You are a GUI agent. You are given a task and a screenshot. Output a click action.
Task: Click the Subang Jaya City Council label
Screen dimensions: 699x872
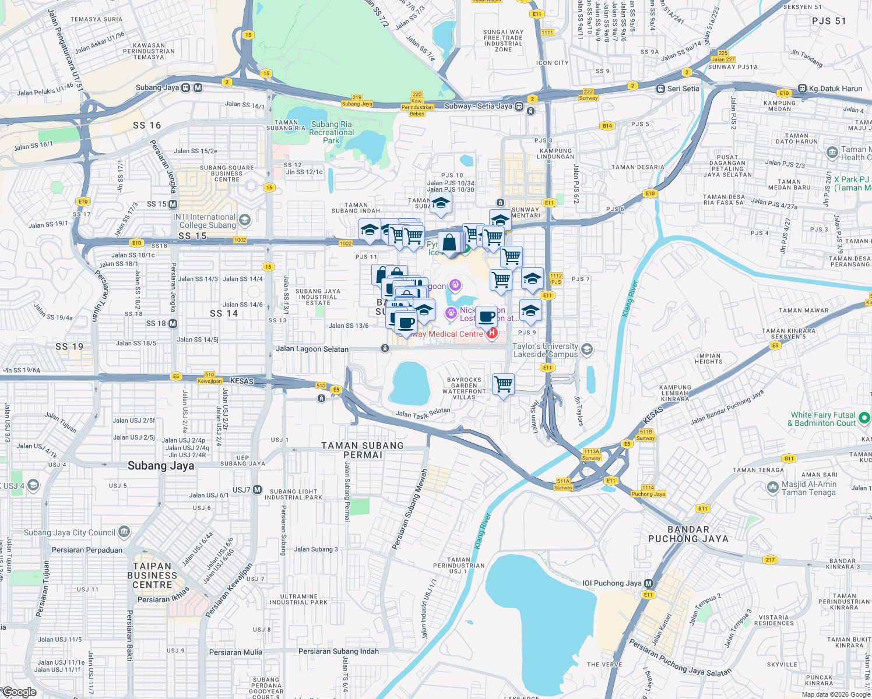(69, 532)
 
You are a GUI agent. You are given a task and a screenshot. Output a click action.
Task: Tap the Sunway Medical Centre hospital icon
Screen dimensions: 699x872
(493, 333)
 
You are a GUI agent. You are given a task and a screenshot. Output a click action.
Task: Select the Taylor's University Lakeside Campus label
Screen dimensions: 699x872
(546, 350)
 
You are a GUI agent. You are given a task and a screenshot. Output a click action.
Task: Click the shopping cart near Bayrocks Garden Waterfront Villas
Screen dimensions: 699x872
(503, 384)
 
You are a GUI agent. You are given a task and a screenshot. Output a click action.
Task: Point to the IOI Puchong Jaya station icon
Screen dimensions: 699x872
(648, 583)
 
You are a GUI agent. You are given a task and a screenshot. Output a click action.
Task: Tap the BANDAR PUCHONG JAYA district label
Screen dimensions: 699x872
(688, 534)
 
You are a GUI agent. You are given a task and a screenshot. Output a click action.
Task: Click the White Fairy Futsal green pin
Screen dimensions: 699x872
(864, 418)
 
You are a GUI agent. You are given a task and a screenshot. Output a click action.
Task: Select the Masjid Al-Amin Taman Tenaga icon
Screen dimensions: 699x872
(773, 487)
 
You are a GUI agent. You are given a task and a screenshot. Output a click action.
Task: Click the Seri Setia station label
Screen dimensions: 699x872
(683, 89)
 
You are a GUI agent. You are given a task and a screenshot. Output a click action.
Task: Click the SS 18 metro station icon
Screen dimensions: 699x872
(173, 323)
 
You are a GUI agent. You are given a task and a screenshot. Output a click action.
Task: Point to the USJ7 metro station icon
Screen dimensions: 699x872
(257, 490)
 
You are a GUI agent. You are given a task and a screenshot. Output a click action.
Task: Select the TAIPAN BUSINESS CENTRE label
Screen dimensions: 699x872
(152, 575)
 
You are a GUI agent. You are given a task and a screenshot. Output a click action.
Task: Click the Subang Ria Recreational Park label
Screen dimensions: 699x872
(331, 132)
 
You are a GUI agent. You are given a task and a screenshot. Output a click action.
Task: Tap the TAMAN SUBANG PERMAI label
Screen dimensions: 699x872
(363, 450)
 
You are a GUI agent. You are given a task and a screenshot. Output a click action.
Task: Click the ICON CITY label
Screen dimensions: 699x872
(552, 63)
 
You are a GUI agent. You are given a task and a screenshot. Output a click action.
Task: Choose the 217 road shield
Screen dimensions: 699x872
(771, 560)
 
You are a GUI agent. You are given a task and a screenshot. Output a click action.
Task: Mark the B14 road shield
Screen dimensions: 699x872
(607, 126)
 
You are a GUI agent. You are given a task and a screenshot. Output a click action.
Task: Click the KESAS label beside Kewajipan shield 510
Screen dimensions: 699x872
(242, 381)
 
